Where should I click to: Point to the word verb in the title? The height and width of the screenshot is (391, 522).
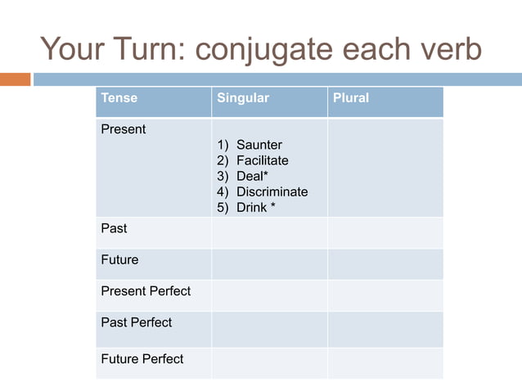(448, 49)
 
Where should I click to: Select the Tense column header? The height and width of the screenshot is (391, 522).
(119, 98)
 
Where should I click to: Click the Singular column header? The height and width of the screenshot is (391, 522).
(242, 98)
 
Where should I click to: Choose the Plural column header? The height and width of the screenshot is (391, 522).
(350, 98)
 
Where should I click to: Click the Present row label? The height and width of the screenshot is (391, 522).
(123, 129)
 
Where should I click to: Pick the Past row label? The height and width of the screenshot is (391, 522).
(114, 228)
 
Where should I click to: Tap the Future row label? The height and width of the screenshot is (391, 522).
(119, 260)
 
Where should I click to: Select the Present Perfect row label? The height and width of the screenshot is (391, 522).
(146, 291)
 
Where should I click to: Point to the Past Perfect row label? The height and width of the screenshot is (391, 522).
(136, 322)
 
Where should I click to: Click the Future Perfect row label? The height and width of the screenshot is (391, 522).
(142, 359)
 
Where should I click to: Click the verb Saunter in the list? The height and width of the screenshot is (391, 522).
(259, 146)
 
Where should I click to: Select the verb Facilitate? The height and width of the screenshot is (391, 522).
(262, 161)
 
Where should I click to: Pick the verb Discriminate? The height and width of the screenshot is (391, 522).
(272, 192)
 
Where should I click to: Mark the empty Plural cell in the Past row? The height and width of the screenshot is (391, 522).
(385, 232)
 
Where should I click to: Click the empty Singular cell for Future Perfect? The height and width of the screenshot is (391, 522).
(269, 362)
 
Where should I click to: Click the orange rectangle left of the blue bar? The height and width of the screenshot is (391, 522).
(15, 79)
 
